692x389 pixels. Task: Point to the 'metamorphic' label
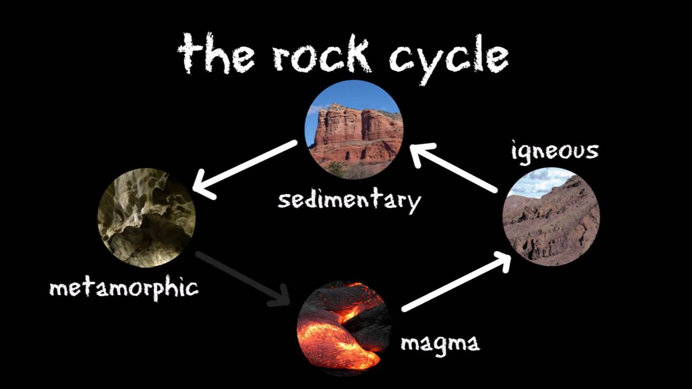(124, 288)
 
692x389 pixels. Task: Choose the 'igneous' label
(555, 151)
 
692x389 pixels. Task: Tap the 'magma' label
(440, 343)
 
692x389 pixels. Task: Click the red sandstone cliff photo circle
(354, 130)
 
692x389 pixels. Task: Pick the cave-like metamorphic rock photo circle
(146, 218)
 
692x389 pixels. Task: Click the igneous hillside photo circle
(551, 216)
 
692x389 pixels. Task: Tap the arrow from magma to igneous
(457, 284)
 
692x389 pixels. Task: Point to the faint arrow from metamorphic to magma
(243, 278)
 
